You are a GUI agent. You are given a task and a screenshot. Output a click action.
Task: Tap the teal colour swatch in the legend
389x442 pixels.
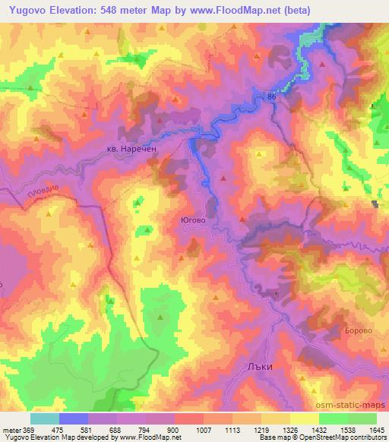click(44, 419)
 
